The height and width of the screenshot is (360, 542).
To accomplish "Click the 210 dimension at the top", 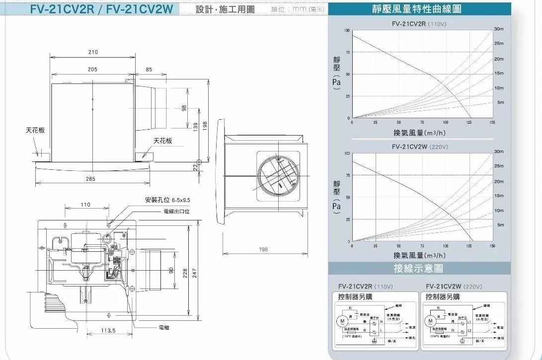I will pyautogui.click(x=93, y=52).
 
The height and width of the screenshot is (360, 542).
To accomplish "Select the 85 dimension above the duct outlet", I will pyautogui.click(x=149, y=70).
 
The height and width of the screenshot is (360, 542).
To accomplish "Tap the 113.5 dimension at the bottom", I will pyautogui.click(x=108, y=331).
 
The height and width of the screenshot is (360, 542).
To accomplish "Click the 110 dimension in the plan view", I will pyautogui.click(x=85, y=205).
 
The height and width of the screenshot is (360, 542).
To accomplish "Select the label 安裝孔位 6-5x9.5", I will pyautogui.click(x=167, y=200).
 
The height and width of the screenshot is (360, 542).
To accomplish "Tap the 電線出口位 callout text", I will pyautogui.click(x=177, y=211).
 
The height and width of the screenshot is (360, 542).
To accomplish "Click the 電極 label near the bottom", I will pyautogui.click(x=164, y=328).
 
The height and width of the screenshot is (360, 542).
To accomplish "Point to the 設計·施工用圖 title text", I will pyautogui.click(x=225, y=10).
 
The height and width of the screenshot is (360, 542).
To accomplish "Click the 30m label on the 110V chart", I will pyautogui.click(x=499, y=29).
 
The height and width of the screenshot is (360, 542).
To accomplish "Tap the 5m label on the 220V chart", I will pyautogui.click(x=501, y=225).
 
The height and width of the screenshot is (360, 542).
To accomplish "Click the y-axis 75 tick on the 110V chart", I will pyautogui.click(x=347, y=52).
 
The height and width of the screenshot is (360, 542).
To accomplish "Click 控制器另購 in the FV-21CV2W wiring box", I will pyautogui.click(x=443, y=296).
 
